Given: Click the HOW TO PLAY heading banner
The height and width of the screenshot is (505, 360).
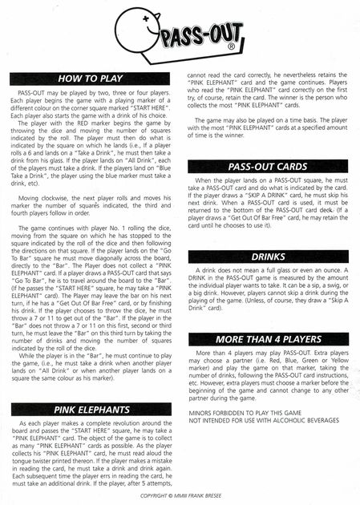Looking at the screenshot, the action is pos(90,79).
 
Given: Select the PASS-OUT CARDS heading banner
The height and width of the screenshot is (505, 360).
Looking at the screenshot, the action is pos(268,167).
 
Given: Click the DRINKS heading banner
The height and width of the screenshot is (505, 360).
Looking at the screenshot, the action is pos(268,257).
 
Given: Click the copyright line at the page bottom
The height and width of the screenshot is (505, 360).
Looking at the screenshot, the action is pos(180,497).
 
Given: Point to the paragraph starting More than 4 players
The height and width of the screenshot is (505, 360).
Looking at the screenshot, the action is pos(268,374).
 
